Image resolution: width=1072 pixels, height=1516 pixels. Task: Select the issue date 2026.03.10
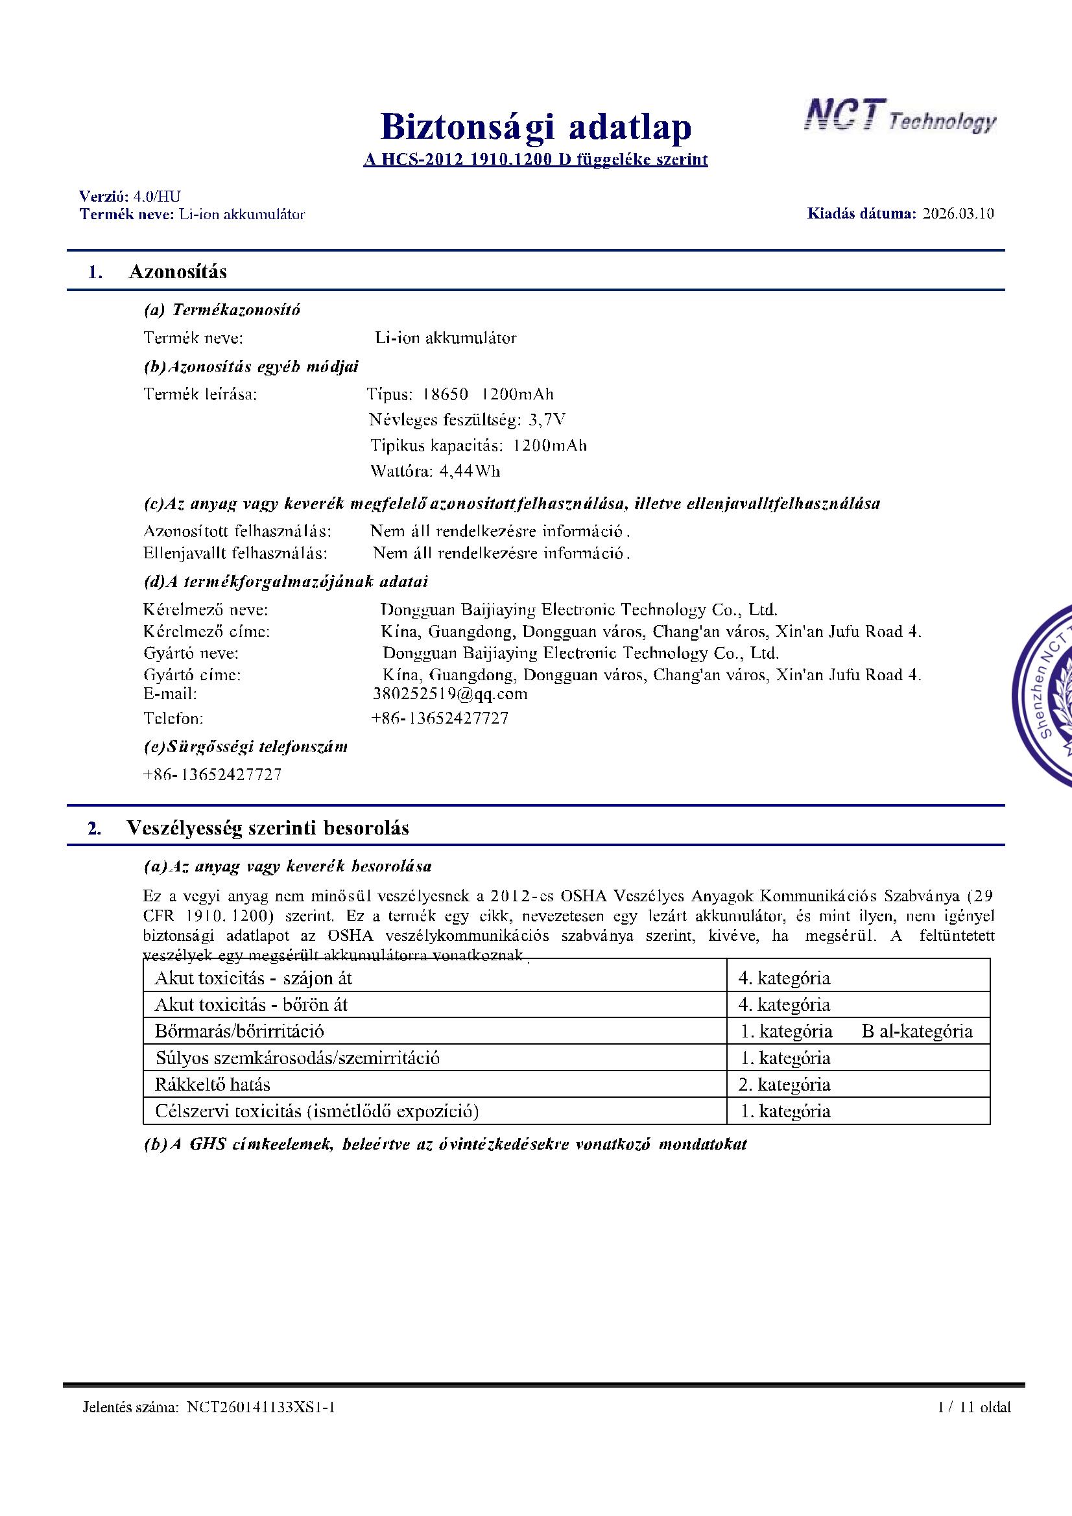click(x=958, y=213)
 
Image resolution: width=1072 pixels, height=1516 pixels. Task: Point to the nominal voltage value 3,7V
click(x=546, y=420)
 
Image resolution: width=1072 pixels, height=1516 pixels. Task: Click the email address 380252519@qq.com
click(x=450, y=694)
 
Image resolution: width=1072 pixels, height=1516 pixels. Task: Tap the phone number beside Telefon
click(x=440, y=718)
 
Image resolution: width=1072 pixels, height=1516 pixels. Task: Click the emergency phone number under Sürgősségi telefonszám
click(x=212, y=774)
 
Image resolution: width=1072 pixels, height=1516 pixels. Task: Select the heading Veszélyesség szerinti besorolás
click(x=267, y=828)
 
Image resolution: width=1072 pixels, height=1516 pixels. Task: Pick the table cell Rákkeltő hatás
click(x=212, y=1084)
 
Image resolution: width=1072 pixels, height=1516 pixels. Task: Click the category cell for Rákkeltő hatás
click(x=784, y=1084)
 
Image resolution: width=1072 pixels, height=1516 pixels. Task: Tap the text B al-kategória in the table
click(x=916, y=1032)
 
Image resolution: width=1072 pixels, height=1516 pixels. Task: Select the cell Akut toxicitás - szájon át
click(x=253, y=978)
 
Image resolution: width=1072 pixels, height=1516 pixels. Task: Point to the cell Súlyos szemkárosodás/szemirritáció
click(x=297, y=1058)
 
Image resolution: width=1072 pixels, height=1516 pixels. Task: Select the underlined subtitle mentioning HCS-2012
click(x=535, y=160)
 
